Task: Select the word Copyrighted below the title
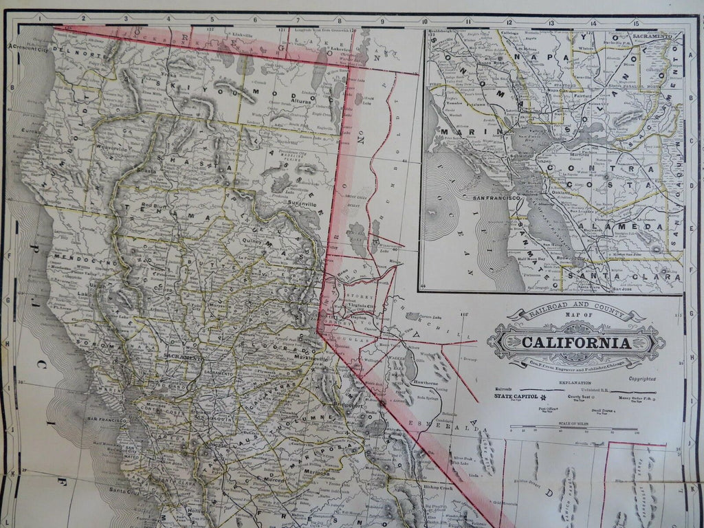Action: (641, 378)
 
